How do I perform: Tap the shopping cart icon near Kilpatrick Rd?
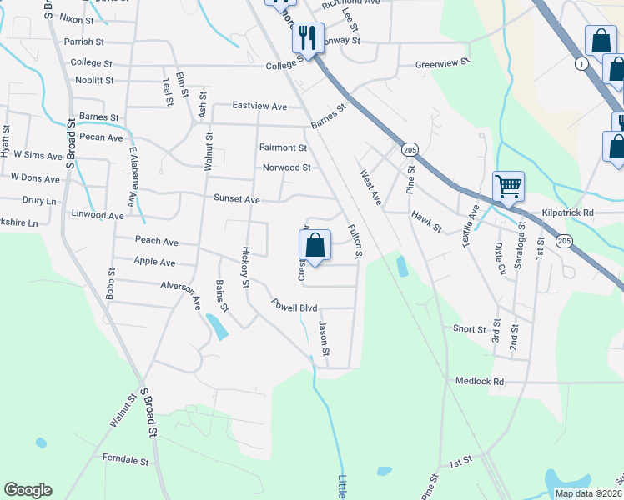click(508, 185)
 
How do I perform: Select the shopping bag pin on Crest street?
click(315, 245)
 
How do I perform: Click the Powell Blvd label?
click(295, 307)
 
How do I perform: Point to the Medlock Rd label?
click(480, 381)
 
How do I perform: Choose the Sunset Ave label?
click(238, 199)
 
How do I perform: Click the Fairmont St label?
click(283, 147)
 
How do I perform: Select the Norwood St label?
click(287, 167)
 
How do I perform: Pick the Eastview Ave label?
click(259, 107)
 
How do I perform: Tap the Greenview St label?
click(443, 62)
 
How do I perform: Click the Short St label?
click(470, 329)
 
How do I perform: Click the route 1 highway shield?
click(580, 63)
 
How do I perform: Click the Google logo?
click(28, 490)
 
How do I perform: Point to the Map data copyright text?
click(588, 493)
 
